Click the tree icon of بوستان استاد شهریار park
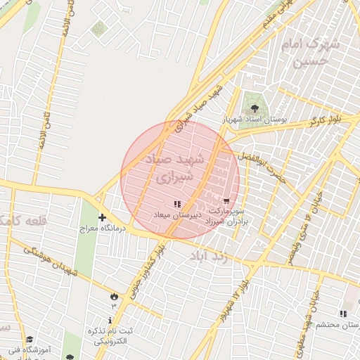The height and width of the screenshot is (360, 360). pos(254,109)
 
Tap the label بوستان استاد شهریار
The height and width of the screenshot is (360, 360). pos(255,120)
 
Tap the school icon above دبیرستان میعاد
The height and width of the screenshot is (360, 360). pos(176,203)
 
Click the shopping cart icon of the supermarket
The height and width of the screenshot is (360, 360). pos(226,200)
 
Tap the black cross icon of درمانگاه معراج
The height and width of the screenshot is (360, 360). pos(102,218)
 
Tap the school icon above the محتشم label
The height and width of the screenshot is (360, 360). pos(342,314)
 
